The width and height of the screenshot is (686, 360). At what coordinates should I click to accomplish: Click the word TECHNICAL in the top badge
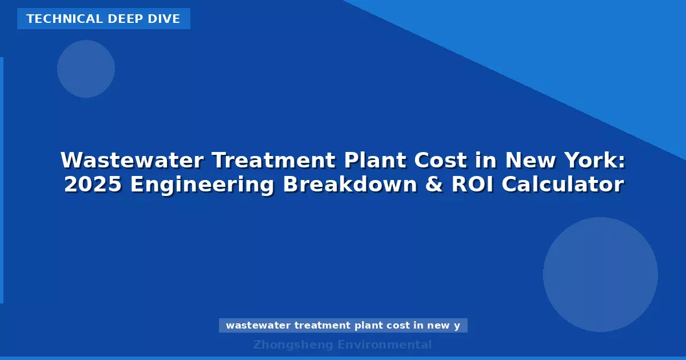55,19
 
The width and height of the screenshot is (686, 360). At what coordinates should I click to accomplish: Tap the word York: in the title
595,161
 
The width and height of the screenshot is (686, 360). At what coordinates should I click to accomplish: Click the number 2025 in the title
93,185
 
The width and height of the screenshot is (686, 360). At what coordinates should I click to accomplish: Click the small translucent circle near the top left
86,69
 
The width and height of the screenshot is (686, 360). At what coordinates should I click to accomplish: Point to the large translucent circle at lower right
600,274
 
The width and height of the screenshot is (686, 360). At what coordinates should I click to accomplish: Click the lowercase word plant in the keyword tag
367,326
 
